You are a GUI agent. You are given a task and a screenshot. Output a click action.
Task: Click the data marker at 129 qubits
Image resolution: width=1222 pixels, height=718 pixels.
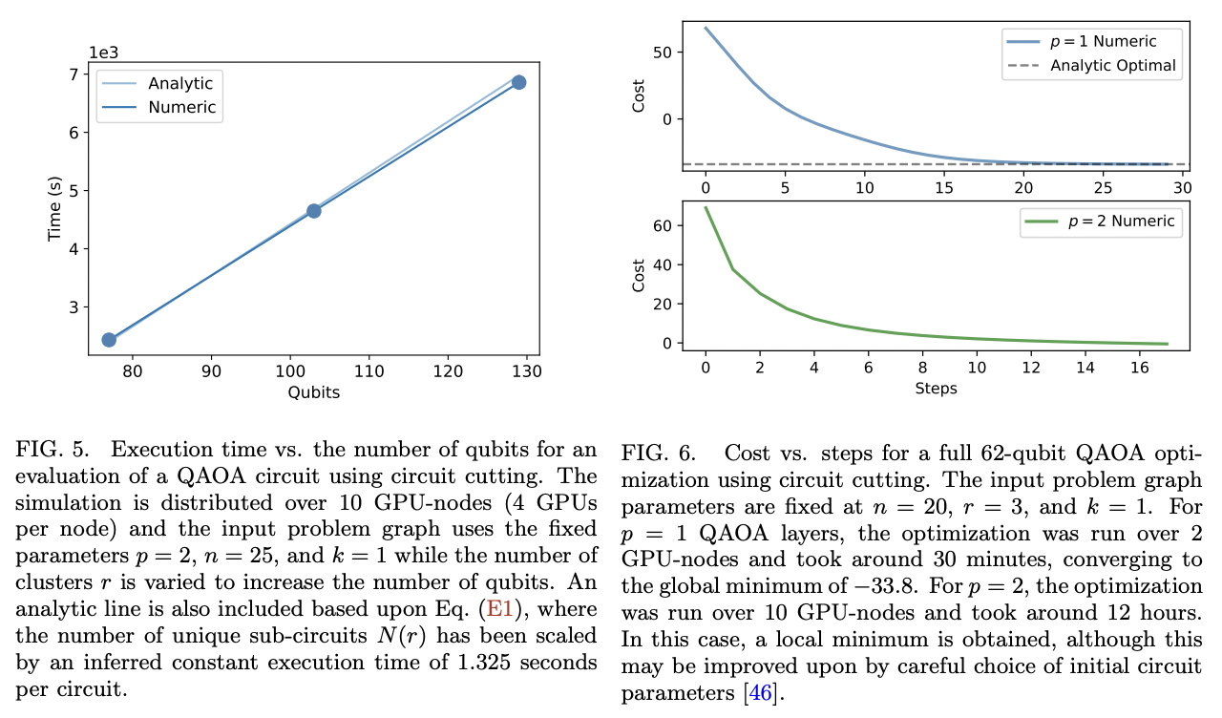pos(518,82)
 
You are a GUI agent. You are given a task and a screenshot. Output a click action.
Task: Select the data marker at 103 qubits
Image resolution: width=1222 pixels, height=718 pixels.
pos(313,210)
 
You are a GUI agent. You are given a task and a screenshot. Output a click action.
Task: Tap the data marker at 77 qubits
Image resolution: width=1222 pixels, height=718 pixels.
pos(109,340)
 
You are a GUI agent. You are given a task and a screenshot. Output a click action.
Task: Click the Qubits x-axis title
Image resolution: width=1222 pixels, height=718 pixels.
pos(313,391)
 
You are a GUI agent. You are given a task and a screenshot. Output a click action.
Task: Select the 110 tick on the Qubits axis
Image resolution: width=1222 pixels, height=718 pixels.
pos(369,370)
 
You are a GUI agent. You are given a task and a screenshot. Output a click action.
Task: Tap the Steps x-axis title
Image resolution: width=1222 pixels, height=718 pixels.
pos(936,388)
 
